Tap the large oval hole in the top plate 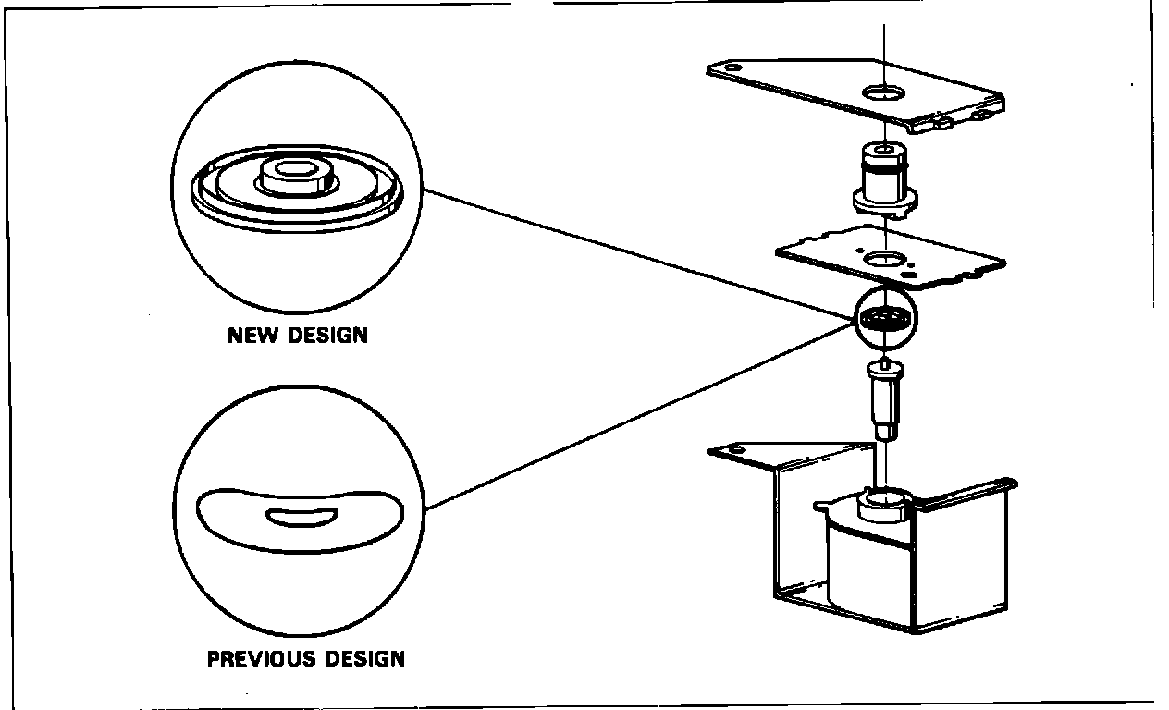885,92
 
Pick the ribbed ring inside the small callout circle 885,320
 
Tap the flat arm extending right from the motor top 971,490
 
